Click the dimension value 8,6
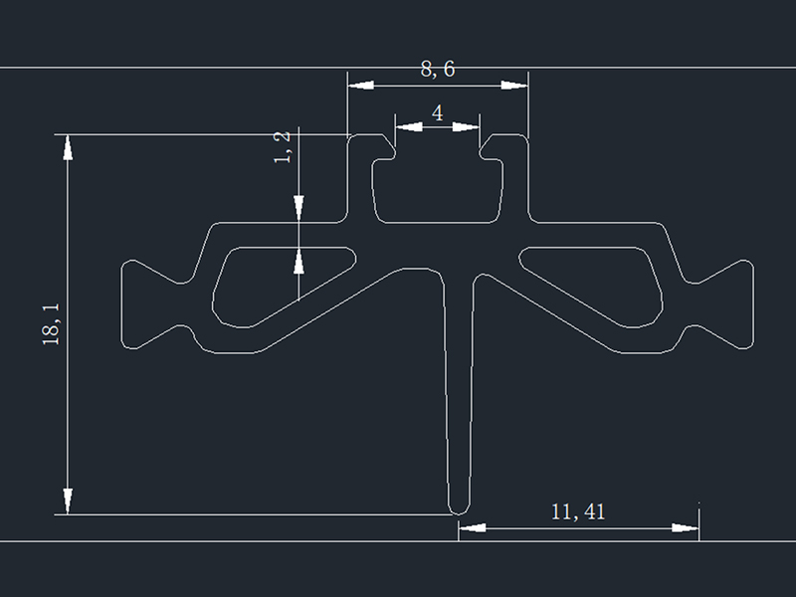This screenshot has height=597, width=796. click(x=438, y=69)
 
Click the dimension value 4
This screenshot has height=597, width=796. click(x=438, y=112)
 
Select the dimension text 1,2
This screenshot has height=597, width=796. click(x=283, y=146)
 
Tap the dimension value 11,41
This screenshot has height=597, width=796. click(x=578, y=512)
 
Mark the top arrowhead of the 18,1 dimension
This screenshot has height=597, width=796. click(x=68, y=146)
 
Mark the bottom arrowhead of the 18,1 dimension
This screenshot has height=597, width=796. click(x=68, y=501)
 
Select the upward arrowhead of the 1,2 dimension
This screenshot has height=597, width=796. click(x=298, y=260)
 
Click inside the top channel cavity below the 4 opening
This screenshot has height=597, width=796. click(x=438, y=189)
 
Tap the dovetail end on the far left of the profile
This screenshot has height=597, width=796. click(x=139, y=304)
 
